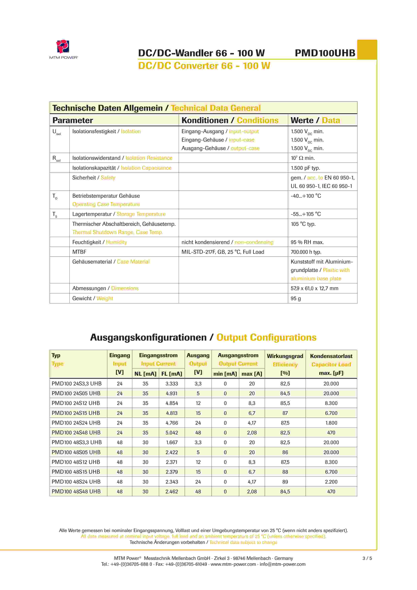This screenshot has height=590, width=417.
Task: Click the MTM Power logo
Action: [x=63, y=49]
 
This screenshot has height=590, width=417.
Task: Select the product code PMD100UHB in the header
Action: [x=325, y=53]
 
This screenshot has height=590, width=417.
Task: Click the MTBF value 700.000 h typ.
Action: [x=306, y=252]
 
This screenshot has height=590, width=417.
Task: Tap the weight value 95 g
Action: [x=296, y=298]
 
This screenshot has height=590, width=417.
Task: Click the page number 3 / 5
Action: [x=367, y=558]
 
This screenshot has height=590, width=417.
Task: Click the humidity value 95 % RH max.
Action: [x=307, y=242]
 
